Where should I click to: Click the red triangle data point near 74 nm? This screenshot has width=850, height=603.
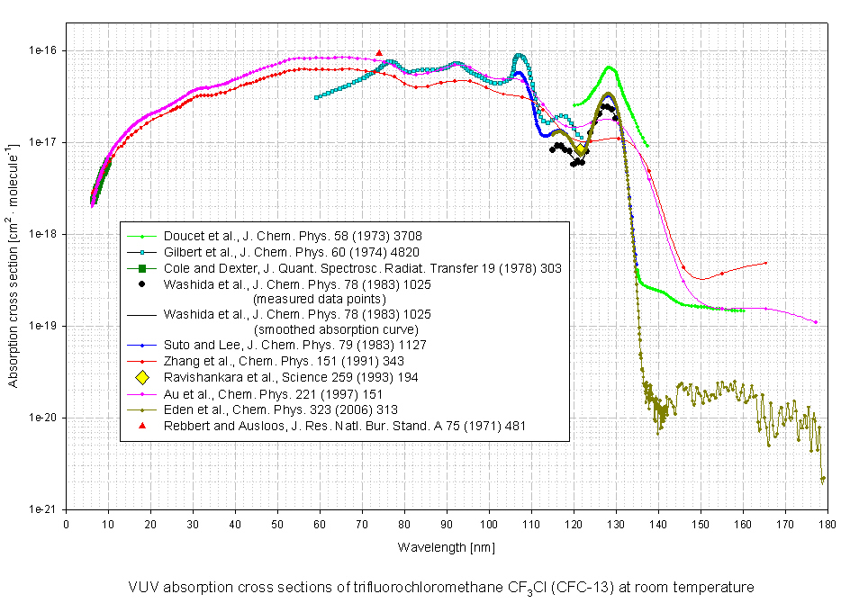379,53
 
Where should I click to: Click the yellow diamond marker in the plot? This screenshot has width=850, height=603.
581,148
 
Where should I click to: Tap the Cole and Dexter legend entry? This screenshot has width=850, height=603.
358,267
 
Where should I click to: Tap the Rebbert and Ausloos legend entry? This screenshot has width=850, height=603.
344,424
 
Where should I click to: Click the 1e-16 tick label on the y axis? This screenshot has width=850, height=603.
42,50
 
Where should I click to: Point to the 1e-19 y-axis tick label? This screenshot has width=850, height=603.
42,326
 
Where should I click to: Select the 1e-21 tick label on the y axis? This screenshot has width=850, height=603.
42,509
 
